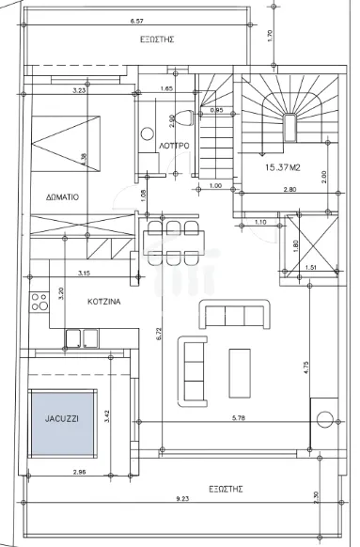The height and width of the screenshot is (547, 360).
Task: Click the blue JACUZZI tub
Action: coord(62,423)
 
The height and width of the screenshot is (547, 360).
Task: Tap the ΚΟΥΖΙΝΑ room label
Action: coord(104,302)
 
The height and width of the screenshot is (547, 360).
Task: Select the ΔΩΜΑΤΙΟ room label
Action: coord(62,197)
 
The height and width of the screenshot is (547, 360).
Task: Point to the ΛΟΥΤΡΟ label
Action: coord(174,146)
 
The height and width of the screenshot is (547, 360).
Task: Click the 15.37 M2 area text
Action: coord(283,167)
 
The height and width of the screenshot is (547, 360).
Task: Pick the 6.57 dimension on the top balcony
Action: coord(136,21)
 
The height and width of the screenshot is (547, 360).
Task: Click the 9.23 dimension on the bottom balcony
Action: coord(182,499)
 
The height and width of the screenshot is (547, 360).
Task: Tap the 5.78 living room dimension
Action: coord(239,418)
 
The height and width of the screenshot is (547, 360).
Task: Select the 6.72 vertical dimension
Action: coord(159,334)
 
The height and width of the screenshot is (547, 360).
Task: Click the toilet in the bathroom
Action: coord(185,117)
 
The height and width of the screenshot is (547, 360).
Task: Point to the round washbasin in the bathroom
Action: coord(148,134)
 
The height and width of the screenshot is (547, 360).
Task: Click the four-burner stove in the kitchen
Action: coord(39,302)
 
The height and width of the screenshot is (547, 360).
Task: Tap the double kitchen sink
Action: coord(82,338)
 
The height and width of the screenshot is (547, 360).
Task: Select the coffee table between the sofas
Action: coord(240,373)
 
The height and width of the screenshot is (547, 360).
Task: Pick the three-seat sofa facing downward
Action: coord(235,314)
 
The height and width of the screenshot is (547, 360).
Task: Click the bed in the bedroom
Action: coord(66,144)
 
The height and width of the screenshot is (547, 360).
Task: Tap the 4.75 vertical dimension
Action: coord(305,367)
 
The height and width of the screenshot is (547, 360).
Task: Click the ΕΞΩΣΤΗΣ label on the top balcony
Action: coord(157,39)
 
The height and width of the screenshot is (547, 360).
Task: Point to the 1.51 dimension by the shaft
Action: coord(311,268)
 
